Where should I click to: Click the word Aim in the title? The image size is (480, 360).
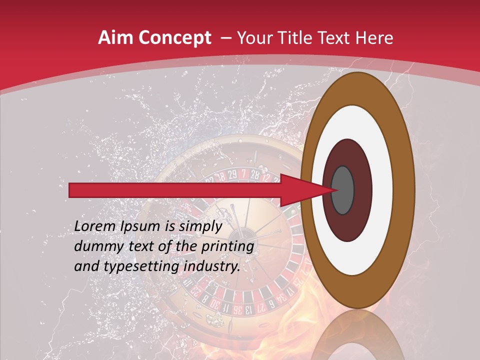[x=114, y=38]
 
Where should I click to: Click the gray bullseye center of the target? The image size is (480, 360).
[x=343, y=190]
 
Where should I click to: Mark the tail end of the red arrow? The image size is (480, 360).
[x=73, y=190]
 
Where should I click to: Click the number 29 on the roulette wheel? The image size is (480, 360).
[x=232, y=175]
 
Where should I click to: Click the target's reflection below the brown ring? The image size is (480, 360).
[x=357, y=335]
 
